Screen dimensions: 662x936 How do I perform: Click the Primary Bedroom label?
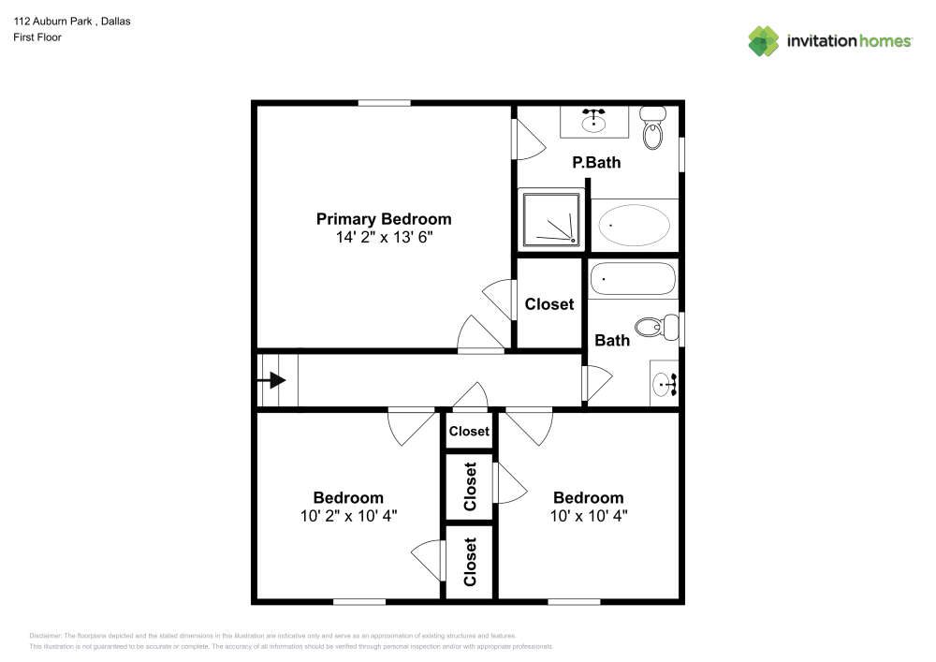pos(383,219)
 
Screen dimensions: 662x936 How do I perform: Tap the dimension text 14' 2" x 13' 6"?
pos(383,238)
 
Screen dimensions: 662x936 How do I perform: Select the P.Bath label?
pos(596,163)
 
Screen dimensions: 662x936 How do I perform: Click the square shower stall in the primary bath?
pos(550,220)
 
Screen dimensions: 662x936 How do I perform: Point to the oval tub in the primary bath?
pos(635,225)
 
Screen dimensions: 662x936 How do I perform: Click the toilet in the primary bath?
pos(652,129)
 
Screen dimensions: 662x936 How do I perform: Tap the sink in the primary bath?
pos(593,121)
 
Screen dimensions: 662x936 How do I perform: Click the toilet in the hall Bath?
pos(656,327)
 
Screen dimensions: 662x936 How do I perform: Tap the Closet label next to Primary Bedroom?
pos(549,304)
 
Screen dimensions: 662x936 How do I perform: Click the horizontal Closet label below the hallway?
pos(469,431)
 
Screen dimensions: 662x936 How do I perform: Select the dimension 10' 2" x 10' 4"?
pos(348,516)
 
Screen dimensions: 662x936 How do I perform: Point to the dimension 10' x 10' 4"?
pos(588,516)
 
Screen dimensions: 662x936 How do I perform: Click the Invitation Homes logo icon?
pos(763,41)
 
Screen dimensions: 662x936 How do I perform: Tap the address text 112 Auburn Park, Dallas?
pos(71,21)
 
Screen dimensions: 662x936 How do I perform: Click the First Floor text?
pos(37,37)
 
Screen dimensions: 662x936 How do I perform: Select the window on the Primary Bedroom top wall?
pos(384,103)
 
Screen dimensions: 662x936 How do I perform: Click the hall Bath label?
pos(612,340)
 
